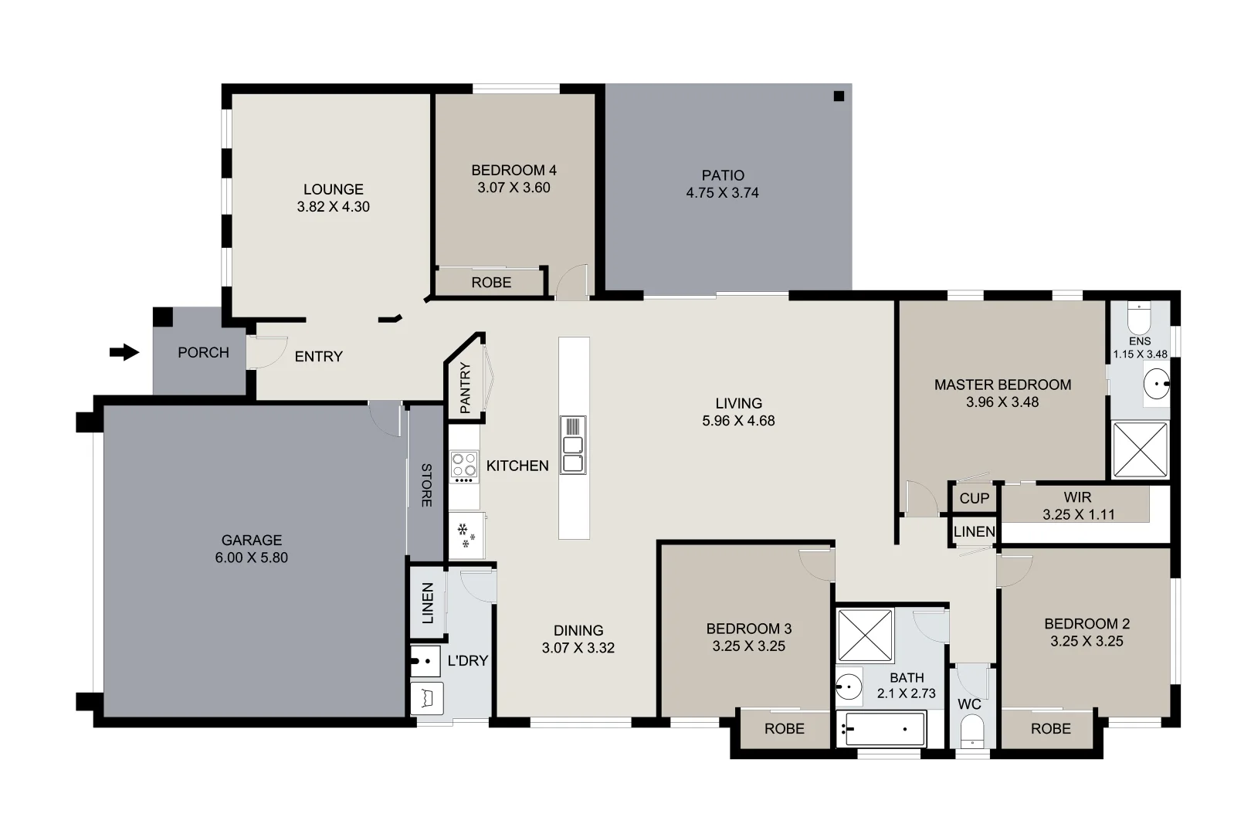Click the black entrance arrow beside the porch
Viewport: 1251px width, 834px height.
pyautogui.click(x=124, y=353)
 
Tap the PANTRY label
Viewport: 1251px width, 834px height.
pyautogui.click(x=465, y=388)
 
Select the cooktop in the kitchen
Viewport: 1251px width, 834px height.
pyautogui.click(x=464, y=466)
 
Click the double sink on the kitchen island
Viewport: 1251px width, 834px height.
pyautogui.click(x=573, y=454)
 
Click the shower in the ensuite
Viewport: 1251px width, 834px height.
pyautogui.click(x=1140, y=449)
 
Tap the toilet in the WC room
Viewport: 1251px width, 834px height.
pyautogui.click(x=971, y=731)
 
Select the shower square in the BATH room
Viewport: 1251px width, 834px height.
pyautogui.click(x=866, y=636)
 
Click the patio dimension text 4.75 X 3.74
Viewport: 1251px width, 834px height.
pyautogui.click(x=722, y=193)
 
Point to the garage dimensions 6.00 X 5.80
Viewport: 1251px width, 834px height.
pyautogui.click(x=251, y=558)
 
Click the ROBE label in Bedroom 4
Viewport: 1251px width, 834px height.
pyautogui.click(x=491, y=283)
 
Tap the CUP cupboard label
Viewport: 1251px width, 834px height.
pyautogui.click(x=974, y=498)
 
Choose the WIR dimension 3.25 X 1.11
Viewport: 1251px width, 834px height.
pyautogui.click(x=1078, y=514)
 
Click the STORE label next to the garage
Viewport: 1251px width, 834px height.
pyautogui.click(x=426, y=485)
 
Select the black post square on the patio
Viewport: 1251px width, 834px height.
pyautogui.click(x=839, y=97)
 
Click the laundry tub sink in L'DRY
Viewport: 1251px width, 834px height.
pyautogui.click(x=425, y=662)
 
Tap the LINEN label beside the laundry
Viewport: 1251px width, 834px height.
pyautogui.click(x=427, y=603)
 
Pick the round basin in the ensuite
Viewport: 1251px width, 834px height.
pyautogui.click(x=1156, y=383)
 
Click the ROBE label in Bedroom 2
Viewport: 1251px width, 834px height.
pyautogui.click(x=1050, y=728)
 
